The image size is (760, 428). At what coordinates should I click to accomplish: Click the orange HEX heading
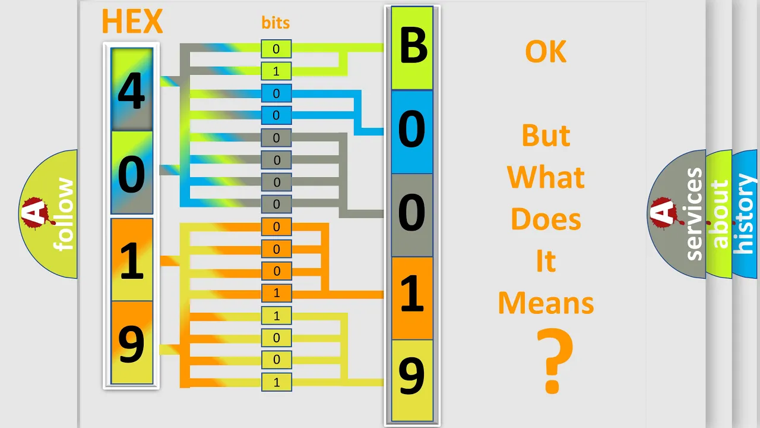coord(132,21)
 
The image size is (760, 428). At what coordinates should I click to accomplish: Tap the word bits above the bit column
coord(275,23)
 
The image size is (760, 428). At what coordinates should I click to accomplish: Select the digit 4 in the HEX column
coord(132,91)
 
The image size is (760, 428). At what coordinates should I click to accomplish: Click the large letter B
coord(413,46)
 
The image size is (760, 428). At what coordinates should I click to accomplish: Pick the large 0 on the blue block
coord(411,129)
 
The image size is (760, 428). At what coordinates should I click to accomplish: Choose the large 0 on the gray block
coord(411,212)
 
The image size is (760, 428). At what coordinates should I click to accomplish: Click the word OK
coord(546,51)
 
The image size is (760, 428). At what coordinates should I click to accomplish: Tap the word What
coord(546,177)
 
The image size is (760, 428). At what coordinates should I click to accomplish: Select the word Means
coord(546,303)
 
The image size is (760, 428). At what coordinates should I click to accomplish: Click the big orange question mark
coord(555,361)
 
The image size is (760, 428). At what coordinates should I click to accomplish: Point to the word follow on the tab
coord(64,215)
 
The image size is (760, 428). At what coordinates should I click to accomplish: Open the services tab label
coord(694,214)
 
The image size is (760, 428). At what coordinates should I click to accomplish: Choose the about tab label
coord(720,214)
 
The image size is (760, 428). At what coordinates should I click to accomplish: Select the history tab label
coord(745,214)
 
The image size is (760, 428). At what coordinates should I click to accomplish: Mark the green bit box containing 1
coord(276,71)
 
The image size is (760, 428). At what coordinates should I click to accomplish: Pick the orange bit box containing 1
coord(276,293)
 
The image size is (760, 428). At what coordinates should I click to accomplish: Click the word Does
coord(546,219)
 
